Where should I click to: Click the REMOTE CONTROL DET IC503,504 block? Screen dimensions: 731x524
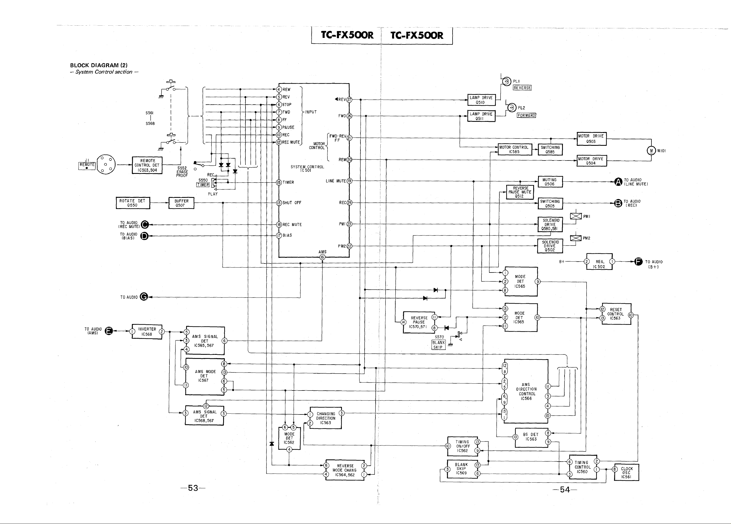tap(147, 165)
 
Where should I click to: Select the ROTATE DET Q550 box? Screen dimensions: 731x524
tap(132, 203)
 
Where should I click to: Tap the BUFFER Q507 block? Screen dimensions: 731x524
tap(181, 203)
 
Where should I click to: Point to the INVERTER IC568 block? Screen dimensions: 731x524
tap(147, 332)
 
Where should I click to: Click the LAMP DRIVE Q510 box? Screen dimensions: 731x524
tap(481, 100)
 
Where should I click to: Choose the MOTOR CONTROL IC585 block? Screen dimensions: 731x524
tap(514, 150)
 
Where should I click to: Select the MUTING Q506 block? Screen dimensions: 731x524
tap(550, 182)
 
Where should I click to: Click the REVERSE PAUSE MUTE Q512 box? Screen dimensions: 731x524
tap(520, 192)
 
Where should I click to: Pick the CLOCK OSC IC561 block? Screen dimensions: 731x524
tap(626, 472)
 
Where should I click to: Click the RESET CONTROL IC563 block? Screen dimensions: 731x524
tap(616, 314)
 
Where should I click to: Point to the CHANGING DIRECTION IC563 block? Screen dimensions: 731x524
tap(326, 418)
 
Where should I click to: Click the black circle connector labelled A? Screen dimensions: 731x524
tap(618, 182)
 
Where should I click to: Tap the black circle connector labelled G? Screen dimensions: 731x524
tap(144, 297)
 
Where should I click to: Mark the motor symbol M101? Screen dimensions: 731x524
tap(651, 150)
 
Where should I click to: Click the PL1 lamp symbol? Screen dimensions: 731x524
tap(506, 81)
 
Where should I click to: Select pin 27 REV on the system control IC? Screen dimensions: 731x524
tap(349, 99)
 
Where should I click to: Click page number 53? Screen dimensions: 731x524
tap(193, 488)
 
